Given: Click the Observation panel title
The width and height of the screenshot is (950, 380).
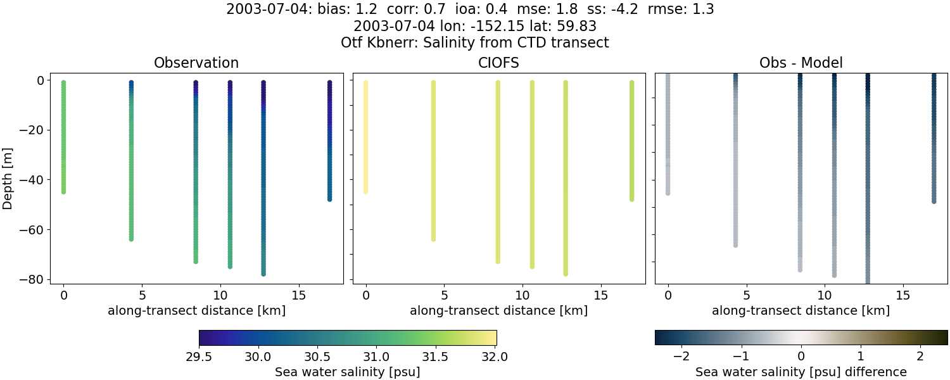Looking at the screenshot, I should pos(196,63).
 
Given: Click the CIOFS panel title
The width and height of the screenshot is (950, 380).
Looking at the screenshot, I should pos(498,63).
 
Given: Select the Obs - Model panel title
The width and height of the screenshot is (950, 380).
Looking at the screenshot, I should pos(801,63).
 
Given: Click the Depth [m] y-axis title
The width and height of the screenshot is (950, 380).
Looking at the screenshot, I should pos(8,180).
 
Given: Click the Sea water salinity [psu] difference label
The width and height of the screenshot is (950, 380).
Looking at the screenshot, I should pos(801,372).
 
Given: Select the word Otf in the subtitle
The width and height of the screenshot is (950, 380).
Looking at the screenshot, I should pos(352,43).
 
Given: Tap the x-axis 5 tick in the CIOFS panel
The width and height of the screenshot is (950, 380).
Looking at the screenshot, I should pos(445,295).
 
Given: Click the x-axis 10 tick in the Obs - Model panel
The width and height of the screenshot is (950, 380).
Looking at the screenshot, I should pos(825,295).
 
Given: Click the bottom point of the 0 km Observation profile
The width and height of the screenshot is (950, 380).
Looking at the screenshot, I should pos(63,191).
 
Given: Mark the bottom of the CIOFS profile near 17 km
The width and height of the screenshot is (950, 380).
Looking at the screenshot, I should pos(632,199).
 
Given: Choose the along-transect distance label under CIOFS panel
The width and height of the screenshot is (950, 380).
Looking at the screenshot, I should pos(498,311).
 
